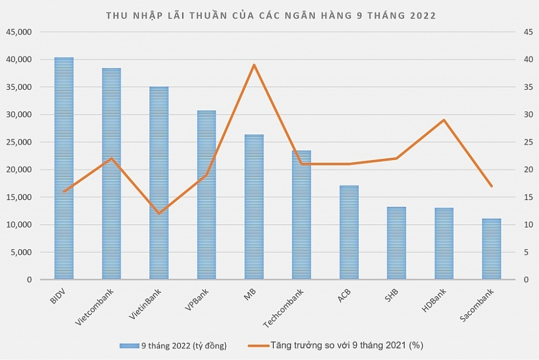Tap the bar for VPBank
[206, 195]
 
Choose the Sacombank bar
[492, 248]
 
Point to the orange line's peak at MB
[254, 65]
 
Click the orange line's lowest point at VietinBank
[159, 213]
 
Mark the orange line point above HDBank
[444, 120]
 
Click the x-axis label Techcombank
[284, 308]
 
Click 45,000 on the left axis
[19, 32]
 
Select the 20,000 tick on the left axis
[19, 170]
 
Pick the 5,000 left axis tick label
[21, 252]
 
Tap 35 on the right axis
[528, 87]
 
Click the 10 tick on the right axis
[528, 225]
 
